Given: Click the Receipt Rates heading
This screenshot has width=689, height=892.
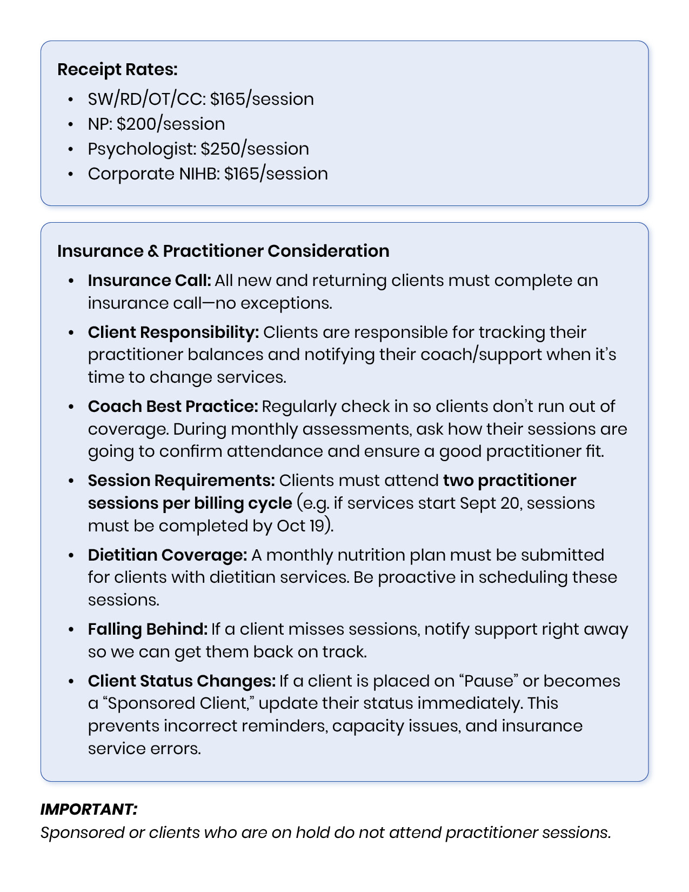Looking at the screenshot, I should pyautogui.click(x=117, y=70).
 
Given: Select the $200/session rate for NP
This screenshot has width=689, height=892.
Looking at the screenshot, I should pyautogui.click(x=171, y=124).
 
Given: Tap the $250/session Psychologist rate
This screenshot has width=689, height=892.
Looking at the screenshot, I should pyautogui.click(x=255, y=149).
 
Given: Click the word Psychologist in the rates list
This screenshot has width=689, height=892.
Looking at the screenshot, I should pyautogui.click(x=142, y=149).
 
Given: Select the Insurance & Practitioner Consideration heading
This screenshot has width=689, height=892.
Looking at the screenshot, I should pyautogui.click(x=223, y=251).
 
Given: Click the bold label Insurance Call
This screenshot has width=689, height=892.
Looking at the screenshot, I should pyautogui.click(x=149, y=281).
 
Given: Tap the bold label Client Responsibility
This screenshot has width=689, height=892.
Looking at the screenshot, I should pyautogui.click(x=173, y=332).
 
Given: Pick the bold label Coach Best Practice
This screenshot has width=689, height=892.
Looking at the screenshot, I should pyautogui.click(x=172, y=407).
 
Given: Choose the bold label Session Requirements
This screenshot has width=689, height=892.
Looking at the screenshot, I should pyautogui.click(x=181, y=481).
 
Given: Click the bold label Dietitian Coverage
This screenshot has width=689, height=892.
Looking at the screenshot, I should pyautogui.click(x=167, y=555).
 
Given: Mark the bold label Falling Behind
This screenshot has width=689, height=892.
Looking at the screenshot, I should pyautogui.click(x=148, y=629).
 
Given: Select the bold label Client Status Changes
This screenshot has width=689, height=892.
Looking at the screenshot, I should pyautogui.click(x=182, y=681).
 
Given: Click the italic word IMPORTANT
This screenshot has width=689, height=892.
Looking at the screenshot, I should pyautogui.click(x=89, y=809).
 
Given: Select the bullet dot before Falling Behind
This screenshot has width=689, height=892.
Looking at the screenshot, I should pyautogui.click(x=71, y=630).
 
